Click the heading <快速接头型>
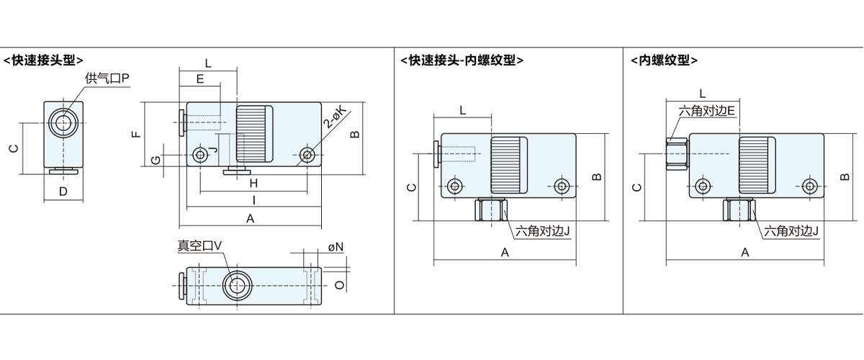[43, 60]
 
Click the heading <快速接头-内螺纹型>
[462, 60]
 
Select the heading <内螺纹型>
[663, 60]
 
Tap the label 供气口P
[107, 78]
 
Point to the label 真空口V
[200, 246]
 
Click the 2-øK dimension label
[335, 116]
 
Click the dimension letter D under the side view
[63, 192]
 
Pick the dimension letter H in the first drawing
[253, 184]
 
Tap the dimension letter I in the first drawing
[253, 199]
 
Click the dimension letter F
[138, 134]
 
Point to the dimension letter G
[156, 161]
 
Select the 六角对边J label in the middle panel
[542, 231]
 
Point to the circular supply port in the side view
[63, 122]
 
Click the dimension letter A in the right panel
[744, 252]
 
